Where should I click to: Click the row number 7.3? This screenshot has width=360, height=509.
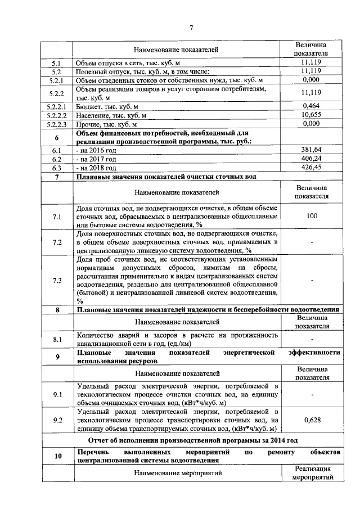point(56,280)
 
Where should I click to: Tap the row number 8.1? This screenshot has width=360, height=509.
point(56,339)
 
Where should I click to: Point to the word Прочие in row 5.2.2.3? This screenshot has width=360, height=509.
point(88,124)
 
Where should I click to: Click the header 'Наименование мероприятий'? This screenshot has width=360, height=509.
point(177,473)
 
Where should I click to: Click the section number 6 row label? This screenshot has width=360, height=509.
point(56,137)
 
